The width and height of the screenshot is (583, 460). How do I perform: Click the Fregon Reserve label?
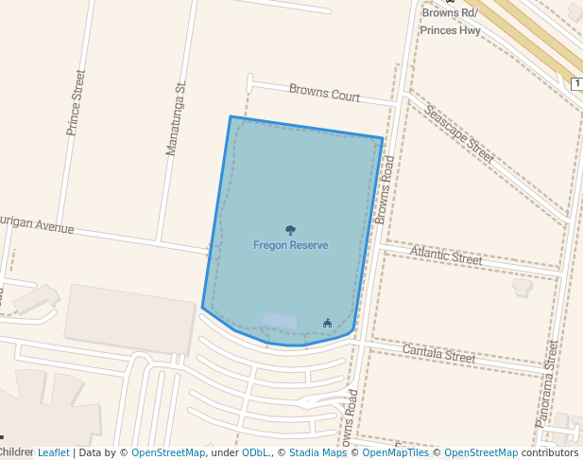(290, 245)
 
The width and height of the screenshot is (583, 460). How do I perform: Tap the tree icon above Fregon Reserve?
(290, 230)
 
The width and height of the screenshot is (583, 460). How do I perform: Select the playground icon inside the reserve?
(327, 323)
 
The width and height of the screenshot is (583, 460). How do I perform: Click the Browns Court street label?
(324, 93)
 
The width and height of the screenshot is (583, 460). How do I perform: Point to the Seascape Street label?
(459, 133)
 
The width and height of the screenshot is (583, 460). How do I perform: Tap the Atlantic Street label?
(446, 256)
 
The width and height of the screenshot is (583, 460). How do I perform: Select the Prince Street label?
(75, 102)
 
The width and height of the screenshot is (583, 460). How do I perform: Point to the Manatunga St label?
(175, 118)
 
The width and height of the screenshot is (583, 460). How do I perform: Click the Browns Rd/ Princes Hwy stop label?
(451, 22)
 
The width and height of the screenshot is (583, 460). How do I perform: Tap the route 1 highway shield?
(576, 84)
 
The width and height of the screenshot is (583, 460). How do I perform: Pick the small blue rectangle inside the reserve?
(280, 321)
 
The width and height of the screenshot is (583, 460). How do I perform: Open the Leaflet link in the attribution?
(53, 452)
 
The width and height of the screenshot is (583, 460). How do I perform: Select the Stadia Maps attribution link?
(317, 452)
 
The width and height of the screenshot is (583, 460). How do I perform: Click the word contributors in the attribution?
(550, 452)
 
